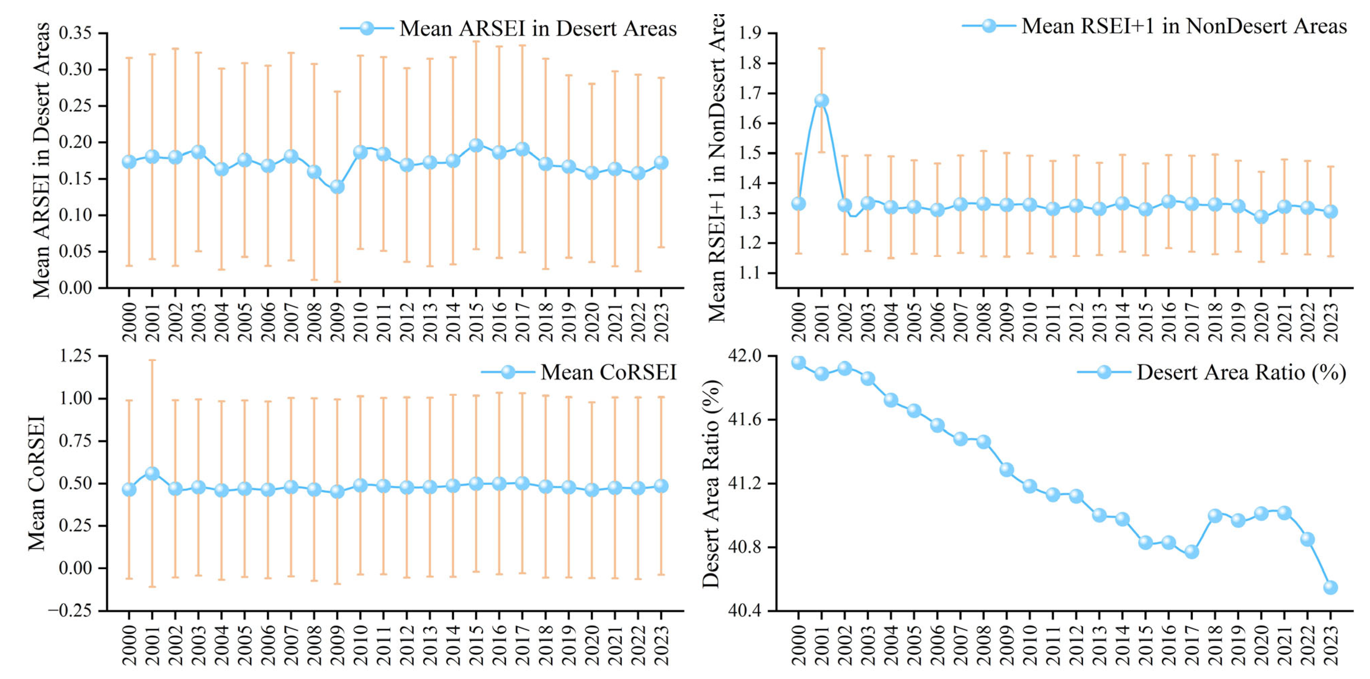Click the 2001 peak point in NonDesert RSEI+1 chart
point(821,100)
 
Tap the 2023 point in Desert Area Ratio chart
point(1330,587)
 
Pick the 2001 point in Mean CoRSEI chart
point(152,473)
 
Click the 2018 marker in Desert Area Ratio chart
point(1215,515)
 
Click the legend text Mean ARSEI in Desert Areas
point(538,28)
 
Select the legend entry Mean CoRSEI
point(608,372)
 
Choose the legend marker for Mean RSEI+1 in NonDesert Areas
point(989,26)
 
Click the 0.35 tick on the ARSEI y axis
point(75,33)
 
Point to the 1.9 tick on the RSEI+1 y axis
point(750,33)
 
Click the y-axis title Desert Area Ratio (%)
point(711,483)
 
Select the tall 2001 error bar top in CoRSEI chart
point(152,360)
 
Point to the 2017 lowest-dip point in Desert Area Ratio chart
point(1191,551)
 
